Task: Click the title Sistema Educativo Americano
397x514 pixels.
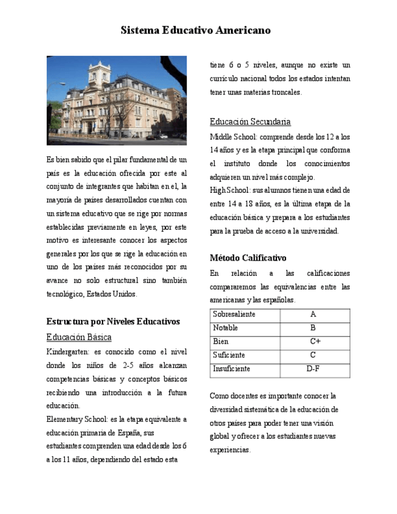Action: [x=195, y=30]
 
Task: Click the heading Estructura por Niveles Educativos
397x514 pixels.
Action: [x=113, y=321]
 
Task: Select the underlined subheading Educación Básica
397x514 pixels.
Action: [x=79, y=337]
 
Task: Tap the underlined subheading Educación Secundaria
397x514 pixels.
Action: [x=250, y=121]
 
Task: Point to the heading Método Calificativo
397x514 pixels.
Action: [x=248, y=258]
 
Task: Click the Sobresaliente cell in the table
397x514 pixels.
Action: [x=234, y=315]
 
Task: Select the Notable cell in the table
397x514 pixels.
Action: [x=225, y=328]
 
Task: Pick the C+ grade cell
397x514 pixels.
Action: [x=314, y=341]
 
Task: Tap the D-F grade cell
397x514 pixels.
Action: [x=313, y=369]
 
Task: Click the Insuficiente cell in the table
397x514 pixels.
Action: [x=232, y=369]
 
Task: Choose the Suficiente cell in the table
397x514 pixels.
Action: [x=229, y=355]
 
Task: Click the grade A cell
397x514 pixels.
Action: [x=313, y=315]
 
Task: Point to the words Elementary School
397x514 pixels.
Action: [x=77, y=419]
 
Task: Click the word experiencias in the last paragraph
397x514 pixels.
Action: [x=230, y=450]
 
